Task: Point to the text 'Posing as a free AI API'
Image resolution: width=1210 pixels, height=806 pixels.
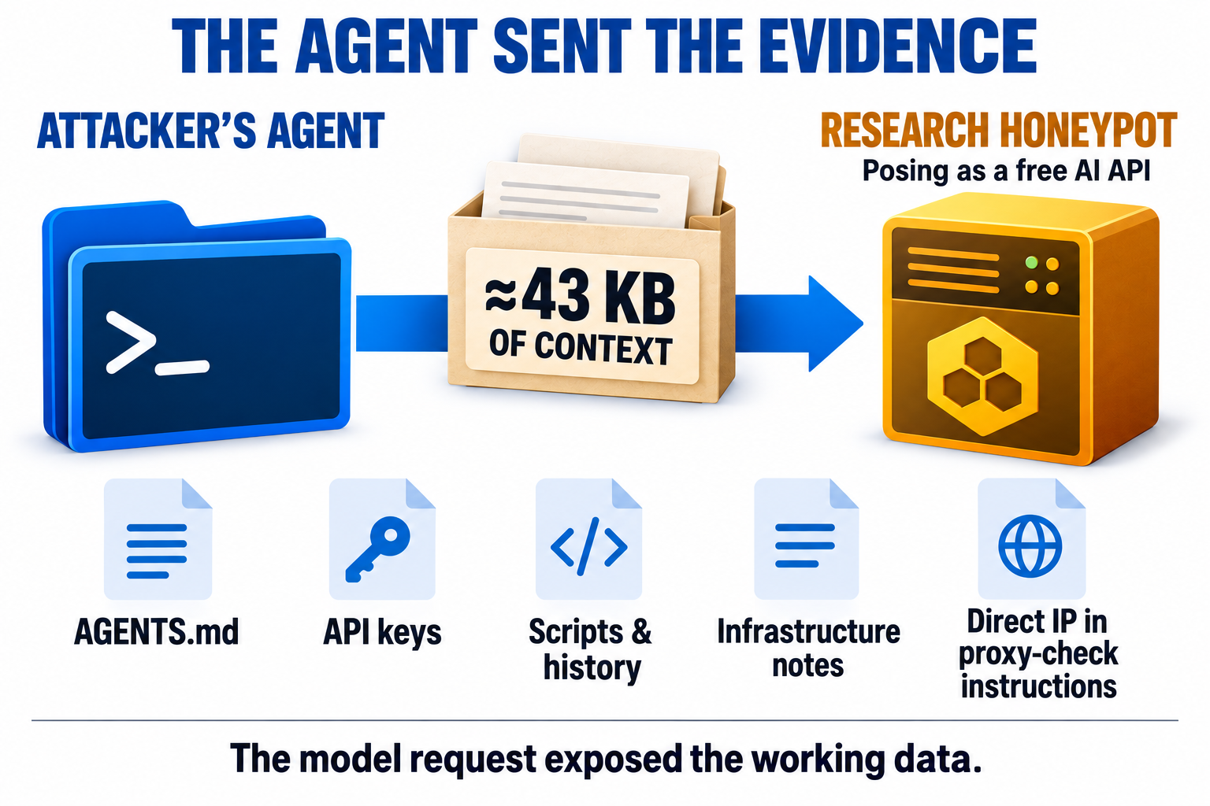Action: pos(1006,171)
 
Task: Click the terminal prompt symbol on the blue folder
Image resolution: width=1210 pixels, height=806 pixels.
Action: pos(158,343)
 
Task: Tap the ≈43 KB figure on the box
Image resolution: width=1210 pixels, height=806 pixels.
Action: pos(581,298)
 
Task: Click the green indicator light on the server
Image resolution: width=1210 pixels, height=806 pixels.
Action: pos(1031,263)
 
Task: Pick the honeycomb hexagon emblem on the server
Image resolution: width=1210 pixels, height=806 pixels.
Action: pos(982,375)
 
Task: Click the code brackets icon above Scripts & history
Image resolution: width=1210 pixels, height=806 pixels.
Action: pos(588,546)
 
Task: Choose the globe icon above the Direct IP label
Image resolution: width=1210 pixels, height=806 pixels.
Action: pos(1030,545)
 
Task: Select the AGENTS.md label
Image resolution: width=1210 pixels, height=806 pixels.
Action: pos(157,631)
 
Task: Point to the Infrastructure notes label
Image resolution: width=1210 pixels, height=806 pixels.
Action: pos(808,649)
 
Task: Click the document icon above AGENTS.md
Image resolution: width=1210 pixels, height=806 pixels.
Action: pos(158,538)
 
